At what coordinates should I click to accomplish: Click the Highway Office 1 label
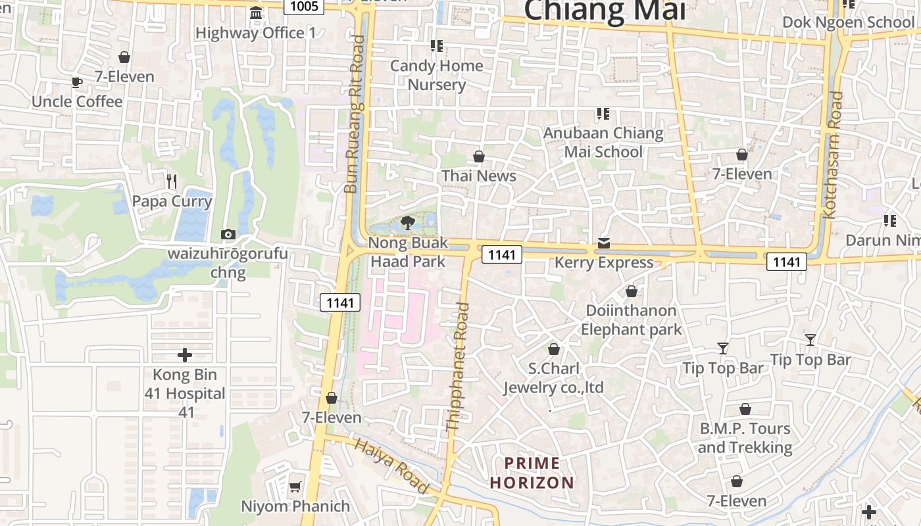pyautogui.click(x=256, y=33)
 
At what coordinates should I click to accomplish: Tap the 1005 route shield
pyautogui.click(x=303, y=7)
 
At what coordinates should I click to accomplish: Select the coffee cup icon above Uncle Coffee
pyautogui.click(x=77, y=82)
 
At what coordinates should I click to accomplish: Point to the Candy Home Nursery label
pyautogui.click(x=437, y=75)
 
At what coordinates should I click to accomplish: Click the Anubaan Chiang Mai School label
pyautogui.click(x=603, y=142)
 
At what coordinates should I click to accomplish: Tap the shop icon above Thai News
pyautogui.click(x=479, y=156)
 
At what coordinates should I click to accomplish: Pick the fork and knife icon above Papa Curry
pyautogui.click(x=172, y=181)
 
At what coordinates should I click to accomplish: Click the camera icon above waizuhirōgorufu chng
pyautogui.click(x=228, y=234)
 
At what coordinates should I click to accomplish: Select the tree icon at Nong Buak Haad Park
pyautogui.click(x=407, y=222)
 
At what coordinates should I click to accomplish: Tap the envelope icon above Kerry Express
pyautogui.click(x=604, y=243)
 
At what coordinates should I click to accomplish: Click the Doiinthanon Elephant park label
pyautogui.click(x=632, y=320)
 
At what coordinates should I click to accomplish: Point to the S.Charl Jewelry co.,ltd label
pyautogui.click(x=553, y=378)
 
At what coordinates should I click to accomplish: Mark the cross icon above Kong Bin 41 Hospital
pyautogui.click(x=185, y=355)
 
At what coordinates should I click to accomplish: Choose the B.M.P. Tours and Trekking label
pyautogui.click(x=745, y=438)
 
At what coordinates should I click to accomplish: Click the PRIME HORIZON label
pyautogui.click(x=532, y=473)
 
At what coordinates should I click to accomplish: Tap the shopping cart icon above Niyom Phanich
pyautogui.click(x=295, y=487)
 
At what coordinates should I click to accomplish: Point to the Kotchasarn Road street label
pyautogui.click(x=834, y=155)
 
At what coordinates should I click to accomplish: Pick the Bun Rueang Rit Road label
pyautogui.click(x=355, y=114)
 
